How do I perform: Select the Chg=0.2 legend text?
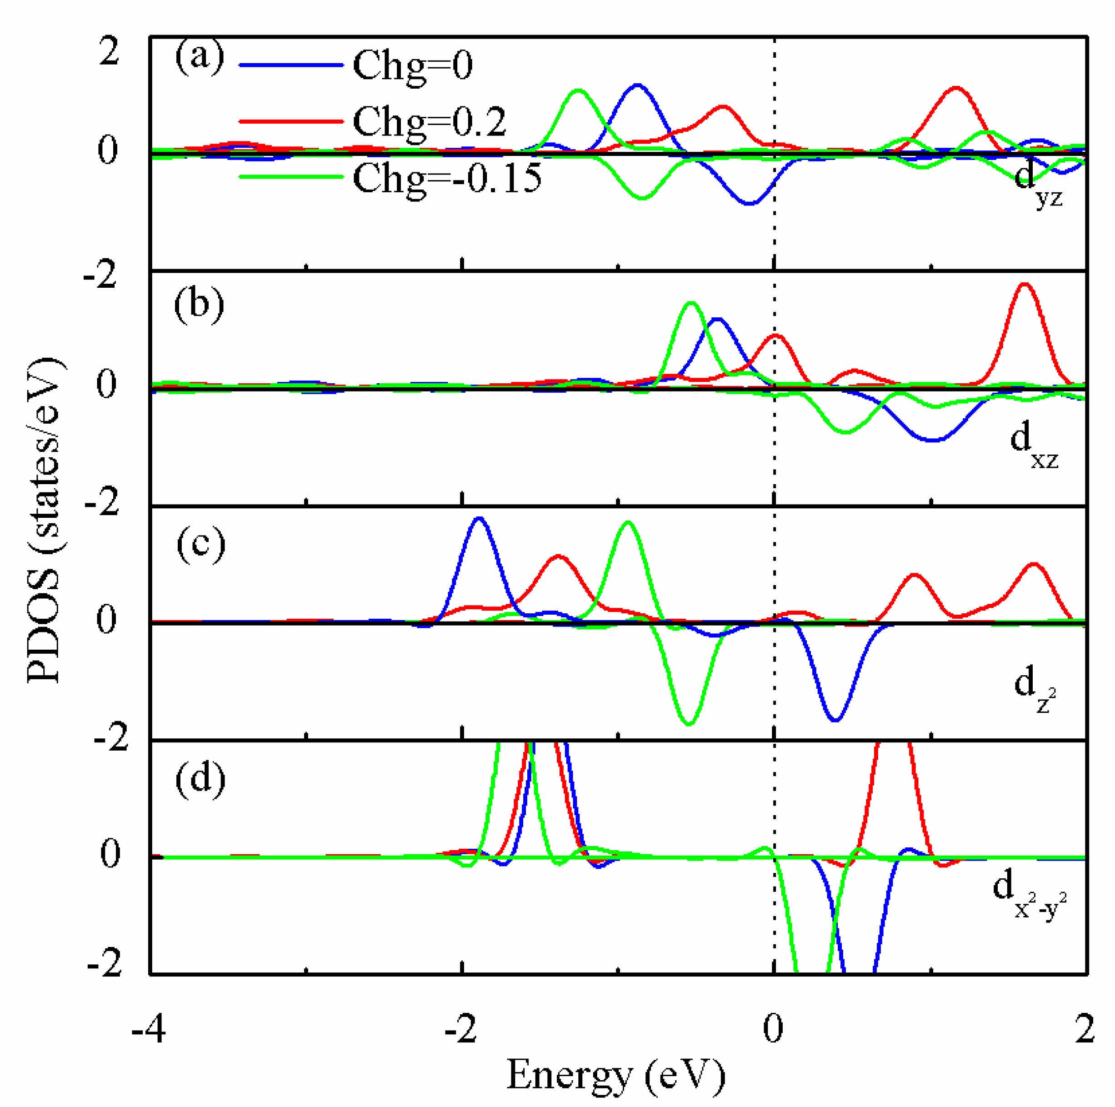pyautogui.click(x=429, y=122)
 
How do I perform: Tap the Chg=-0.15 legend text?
pyautogui.click(x=447, y=178)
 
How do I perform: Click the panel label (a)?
pyautogui.click(x=200, y=58)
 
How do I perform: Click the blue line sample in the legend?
pyautogui.click(x=291, y=65)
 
